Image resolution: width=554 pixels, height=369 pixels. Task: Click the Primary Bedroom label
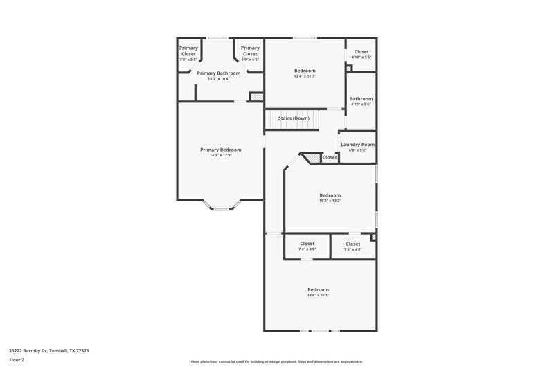(x=220, y=150)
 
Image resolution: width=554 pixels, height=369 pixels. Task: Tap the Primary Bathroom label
(x=219, y=73)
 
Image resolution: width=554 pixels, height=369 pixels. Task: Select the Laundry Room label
(x=358, y=145)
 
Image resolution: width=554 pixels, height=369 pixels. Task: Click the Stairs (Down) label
(x=294, y=118)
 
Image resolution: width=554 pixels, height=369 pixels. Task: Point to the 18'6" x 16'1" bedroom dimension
(x=318, y=295)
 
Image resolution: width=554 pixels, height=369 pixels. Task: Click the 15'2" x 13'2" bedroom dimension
(x=330, y=201)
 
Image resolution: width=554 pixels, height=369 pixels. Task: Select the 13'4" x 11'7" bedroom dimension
(x=305, y=76)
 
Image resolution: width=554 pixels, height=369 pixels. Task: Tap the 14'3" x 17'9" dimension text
(x=220, y=155)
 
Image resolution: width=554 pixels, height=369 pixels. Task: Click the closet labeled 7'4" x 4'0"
(x=307, y=246)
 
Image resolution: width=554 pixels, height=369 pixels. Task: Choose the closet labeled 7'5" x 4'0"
(x=352, y=246)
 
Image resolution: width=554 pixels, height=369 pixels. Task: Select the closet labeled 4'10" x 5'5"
(x=361, y=54)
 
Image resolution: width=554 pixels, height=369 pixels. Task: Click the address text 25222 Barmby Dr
(x=48, y=350)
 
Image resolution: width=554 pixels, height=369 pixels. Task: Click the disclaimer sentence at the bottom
(x=276, y=361)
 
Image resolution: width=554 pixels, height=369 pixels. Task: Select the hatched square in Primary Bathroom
(x=256, y=98)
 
